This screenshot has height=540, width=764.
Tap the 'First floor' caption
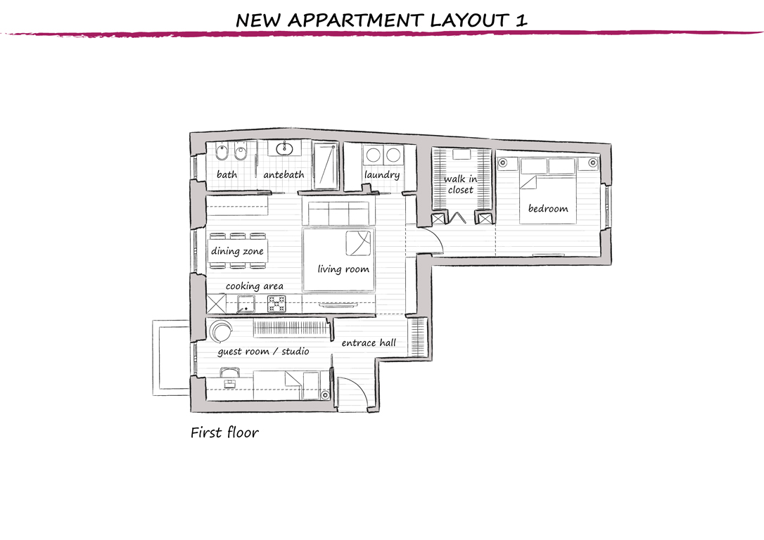224,432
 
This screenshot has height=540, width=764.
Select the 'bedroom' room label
548,208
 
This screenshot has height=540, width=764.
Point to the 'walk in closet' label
461,184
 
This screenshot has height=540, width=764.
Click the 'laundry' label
382,175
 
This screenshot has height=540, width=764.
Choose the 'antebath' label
284,174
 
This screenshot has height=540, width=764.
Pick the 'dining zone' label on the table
237,251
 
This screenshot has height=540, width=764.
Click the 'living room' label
343,269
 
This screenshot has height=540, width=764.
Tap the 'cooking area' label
255,286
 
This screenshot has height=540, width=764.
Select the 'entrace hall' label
369,343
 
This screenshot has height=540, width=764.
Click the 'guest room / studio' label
263,352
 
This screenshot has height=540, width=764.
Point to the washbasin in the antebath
284,148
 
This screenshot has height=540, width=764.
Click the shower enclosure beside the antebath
325,166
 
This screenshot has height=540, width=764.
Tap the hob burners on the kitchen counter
276,304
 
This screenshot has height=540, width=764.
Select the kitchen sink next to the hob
246,304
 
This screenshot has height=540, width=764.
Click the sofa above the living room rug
338,213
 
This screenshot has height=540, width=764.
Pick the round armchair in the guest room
221,331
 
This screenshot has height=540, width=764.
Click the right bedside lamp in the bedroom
592,162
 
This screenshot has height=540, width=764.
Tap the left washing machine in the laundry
374,155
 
